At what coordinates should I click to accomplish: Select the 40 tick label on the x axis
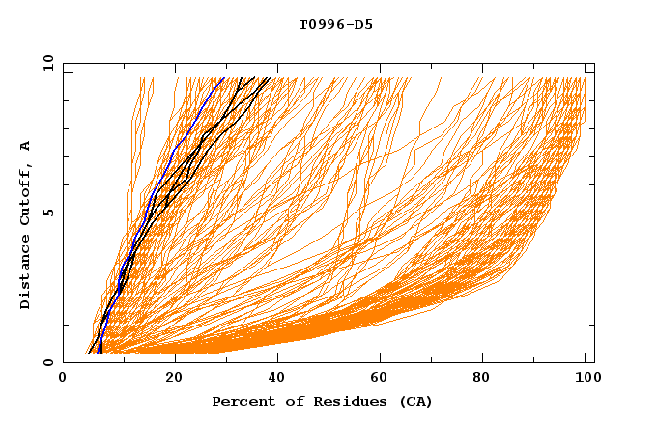(275, 380)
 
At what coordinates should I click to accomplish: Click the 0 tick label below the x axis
(63, 380)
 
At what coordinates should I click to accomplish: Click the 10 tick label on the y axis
(45, 63)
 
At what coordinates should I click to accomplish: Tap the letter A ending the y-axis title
(26, 146)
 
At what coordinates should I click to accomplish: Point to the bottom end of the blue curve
(100, 353)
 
